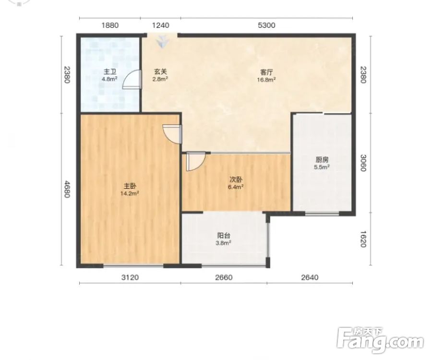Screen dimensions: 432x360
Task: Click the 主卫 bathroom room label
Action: tap(109, 72)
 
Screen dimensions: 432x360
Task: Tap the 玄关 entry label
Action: tap(160, 72)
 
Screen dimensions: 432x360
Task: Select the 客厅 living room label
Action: tap(266, 72)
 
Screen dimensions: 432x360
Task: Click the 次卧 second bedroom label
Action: tap(236, 180)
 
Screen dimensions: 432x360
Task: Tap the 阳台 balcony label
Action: tap(224, 236)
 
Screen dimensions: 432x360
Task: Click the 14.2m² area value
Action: tap(130, 193)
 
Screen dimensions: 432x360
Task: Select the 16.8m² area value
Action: tap(267, 79)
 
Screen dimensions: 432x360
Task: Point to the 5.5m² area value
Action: tap(322, 167)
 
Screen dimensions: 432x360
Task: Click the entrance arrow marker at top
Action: tap(162, 42)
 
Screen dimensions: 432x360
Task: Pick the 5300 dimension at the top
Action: tap(266, 25)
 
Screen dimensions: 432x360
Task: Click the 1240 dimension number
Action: tap(161, 25)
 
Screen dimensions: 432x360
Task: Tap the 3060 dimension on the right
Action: tap(363, 163)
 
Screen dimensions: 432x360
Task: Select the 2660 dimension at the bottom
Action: tap(224, 277)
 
